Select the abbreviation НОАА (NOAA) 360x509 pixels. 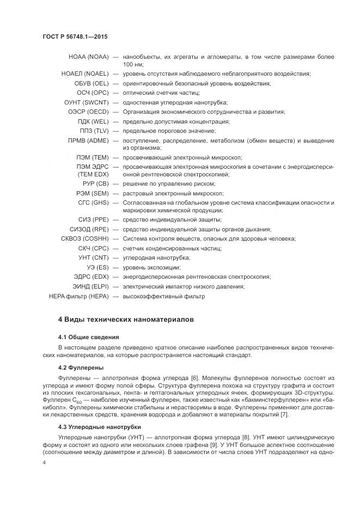[88, 57]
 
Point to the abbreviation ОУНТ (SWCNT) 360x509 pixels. [86, 102]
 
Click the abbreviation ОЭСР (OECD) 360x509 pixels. [87, 112]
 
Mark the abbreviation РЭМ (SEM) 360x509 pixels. [92, 193]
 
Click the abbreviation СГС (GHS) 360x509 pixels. [93, 203]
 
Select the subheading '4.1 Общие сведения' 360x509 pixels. [88, 338]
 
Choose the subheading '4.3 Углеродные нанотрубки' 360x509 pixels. [99, 427]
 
